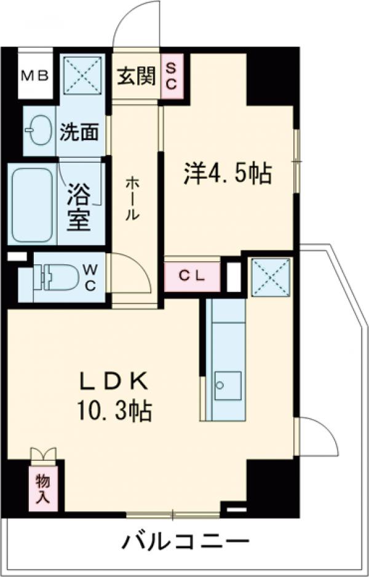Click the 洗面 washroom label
79,131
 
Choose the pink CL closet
191,276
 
